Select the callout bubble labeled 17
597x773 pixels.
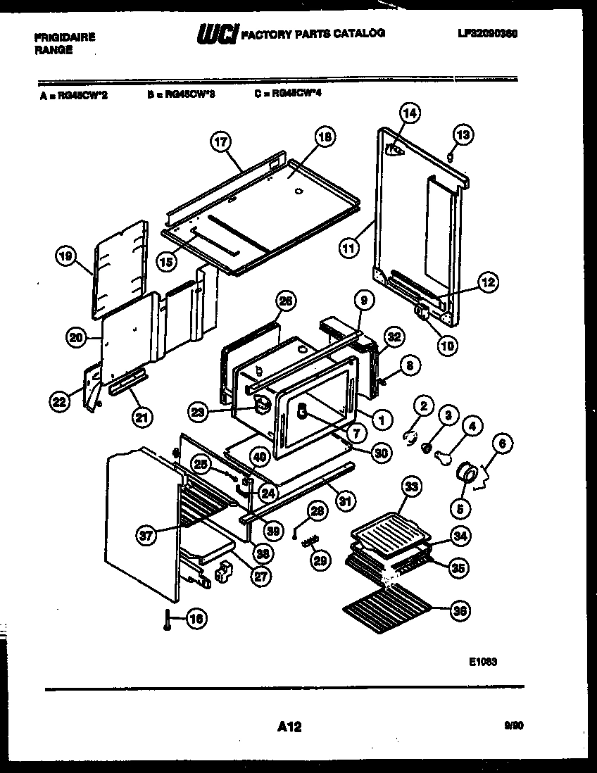(x=221, y=142)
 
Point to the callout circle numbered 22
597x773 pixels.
(x=59, y=402)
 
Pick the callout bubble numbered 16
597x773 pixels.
(x=196, y=619)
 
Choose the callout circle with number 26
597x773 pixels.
(x=284, y=301)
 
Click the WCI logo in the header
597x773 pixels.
(x=217, y=34)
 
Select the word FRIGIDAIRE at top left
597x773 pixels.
(x=64, y=37)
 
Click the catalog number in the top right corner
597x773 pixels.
(x=487, y=33)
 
